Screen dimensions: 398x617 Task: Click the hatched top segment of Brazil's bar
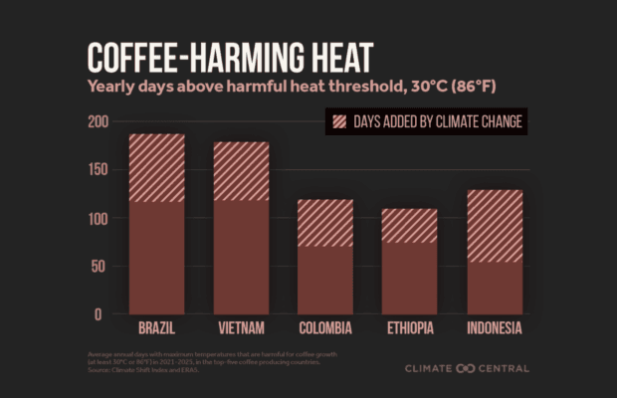click(x=156, y=168)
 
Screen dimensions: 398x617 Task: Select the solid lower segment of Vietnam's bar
click(x=241, y=257)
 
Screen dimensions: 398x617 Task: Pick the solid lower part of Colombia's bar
click(x=325, y=280)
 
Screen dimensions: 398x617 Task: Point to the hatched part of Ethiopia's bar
click(x=409, y=226)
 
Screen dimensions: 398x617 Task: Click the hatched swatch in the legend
click(x=340, y=122)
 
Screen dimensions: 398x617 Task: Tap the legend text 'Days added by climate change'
click(x=439, y=122)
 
